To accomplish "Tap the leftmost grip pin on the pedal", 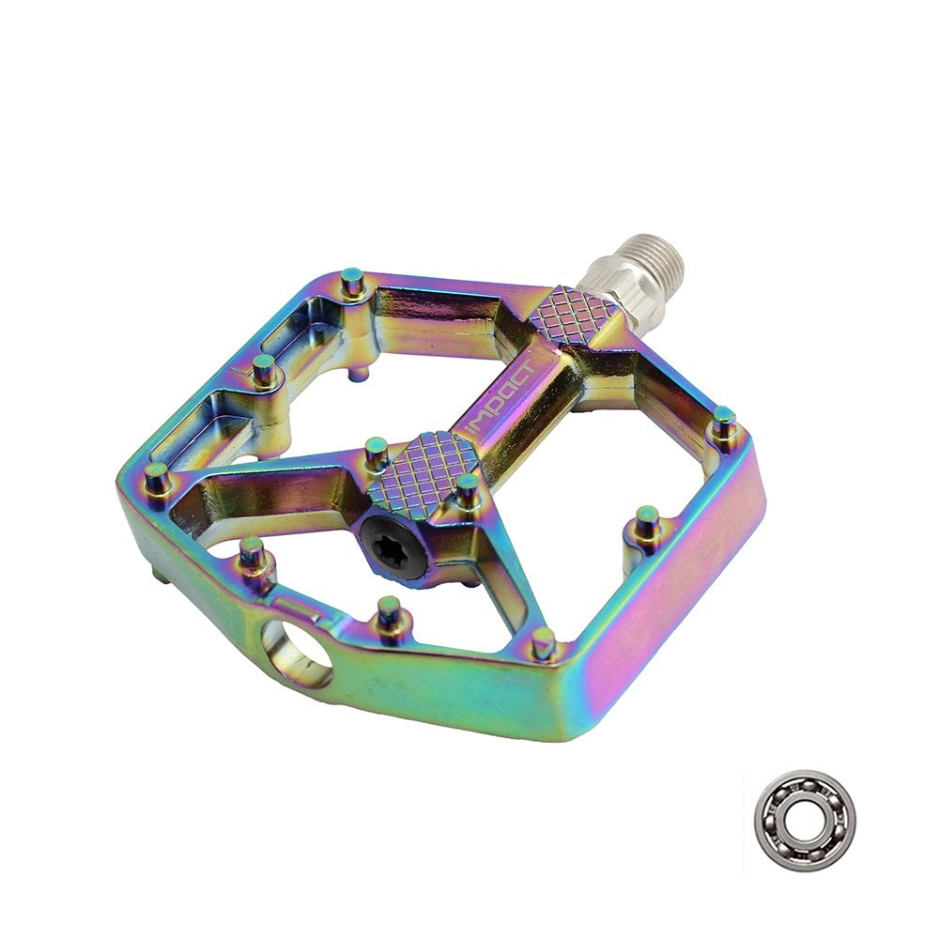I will click(x=157, y=479).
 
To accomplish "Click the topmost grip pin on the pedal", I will click(x=353, y=282).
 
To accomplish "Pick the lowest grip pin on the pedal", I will click(x=543, y=642).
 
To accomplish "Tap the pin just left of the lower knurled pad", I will click(x=376, y=452).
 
